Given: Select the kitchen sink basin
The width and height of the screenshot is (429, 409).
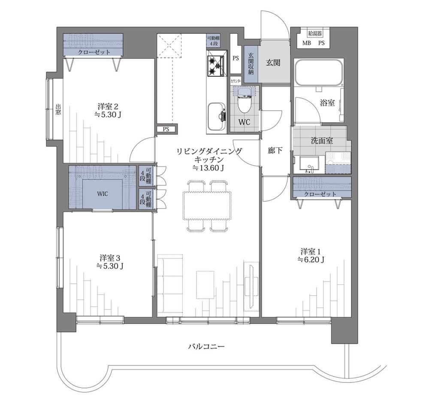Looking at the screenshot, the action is pyautogui.click(x=216, y=117).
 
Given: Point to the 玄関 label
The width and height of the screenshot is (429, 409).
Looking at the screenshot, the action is pyautogui.click(x=273, y=63).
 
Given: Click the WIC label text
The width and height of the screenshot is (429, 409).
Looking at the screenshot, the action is pyautogui.click(x=103, y=194).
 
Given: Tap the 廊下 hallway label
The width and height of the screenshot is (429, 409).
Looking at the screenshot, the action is pyautogui.click(x=275, y=150).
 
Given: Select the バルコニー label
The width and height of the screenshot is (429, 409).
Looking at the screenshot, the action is pyautogui.click(x=207, y=347).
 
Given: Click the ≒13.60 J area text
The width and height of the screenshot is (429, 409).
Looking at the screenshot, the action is pyautogui.click(x=208, y=168).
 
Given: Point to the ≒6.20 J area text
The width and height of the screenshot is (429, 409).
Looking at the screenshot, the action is pyautogui.click(x=311, y=260).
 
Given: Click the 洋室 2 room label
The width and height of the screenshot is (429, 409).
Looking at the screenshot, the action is pyautogui.click(x=108, y=106).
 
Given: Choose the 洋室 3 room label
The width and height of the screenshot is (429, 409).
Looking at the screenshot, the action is pyautogui.click(x=110, y=258).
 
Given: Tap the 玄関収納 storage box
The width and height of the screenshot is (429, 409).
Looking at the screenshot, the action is pyautogui.click(x=251, y=64).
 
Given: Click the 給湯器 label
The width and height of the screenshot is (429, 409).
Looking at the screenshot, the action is pyautogui.click(x=314, y=33).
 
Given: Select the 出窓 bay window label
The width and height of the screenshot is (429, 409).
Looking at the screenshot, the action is pyautogui.click(x=58, y=109).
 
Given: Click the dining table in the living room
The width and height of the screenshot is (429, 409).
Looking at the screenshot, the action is pyautogui.click(x=207, y=205).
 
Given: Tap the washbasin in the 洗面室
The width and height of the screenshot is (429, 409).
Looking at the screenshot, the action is pyautogui.click(x=309, y=164).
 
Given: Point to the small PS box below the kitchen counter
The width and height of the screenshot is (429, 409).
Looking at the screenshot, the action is pyautogui.click(x=166, y=129).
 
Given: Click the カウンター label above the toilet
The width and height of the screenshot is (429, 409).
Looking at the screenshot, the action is pyautogui.click(x=236, y=81).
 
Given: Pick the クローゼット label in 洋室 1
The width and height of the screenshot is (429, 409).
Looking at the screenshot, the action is pyautogui.click(x=320, y=194).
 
